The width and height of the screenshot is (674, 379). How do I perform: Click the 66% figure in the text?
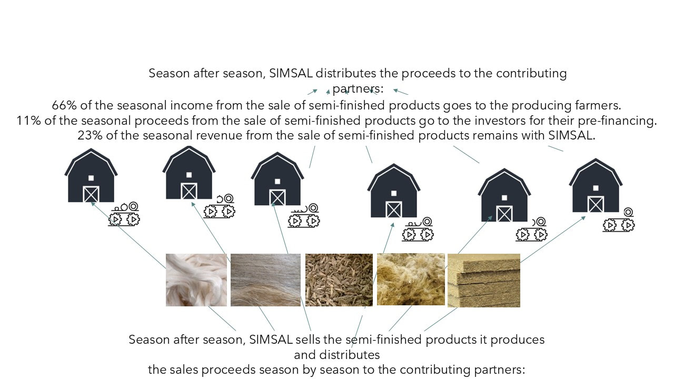click(64, 105)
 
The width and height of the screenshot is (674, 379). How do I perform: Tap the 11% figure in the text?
click(28, 121)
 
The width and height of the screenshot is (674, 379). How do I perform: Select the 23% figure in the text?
click(90, 135)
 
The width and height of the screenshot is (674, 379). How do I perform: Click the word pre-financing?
click(617, 121)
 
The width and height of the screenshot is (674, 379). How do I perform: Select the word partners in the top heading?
click(358, 89)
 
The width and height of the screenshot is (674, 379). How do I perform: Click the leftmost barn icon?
click(91, 175)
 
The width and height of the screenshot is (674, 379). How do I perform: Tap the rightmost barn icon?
click(596, 185)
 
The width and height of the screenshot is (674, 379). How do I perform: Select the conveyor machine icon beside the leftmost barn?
click(124, 214)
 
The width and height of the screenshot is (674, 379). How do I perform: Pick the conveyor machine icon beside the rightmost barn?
click(619, 220)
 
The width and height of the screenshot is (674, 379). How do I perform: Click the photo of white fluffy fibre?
click(196, 280)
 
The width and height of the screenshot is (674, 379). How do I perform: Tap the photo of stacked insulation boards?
click(484, 281)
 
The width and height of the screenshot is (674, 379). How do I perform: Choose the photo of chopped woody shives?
click(339, 280)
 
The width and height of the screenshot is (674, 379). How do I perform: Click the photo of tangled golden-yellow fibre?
click(411, 280)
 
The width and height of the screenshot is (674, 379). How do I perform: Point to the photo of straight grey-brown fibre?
click(266, 280)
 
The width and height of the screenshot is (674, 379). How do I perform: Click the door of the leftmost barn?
click(91, 194)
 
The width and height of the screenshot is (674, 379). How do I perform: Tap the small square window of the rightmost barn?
click(596, 188)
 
